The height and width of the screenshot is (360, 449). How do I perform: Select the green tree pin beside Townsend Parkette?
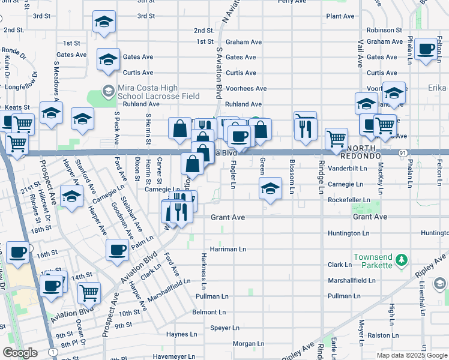(403, 259)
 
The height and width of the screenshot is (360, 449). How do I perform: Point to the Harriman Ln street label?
(228, 248)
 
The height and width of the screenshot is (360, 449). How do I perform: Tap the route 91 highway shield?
(400, 153)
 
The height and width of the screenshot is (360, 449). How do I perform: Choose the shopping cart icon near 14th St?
(89, 293)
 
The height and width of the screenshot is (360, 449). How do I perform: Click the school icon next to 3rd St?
(104, 23)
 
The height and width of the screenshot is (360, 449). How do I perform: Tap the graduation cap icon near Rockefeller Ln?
(271, 188)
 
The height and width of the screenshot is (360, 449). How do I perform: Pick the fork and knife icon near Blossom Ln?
(306, 127)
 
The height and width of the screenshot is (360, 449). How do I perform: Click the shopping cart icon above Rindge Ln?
(337, 139)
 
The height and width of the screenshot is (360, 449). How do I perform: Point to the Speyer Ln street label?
(224, 328)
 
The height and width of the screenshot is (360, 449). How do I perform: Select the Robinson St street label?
(384, 29)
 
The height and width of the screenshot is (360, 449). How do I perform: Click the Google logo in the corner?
(20, 353)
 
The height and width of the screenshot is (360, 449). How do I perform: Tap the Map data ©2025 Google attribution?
(411, 355)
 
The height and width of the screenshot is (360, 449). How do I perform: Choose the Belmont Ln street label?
(209, 313)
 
